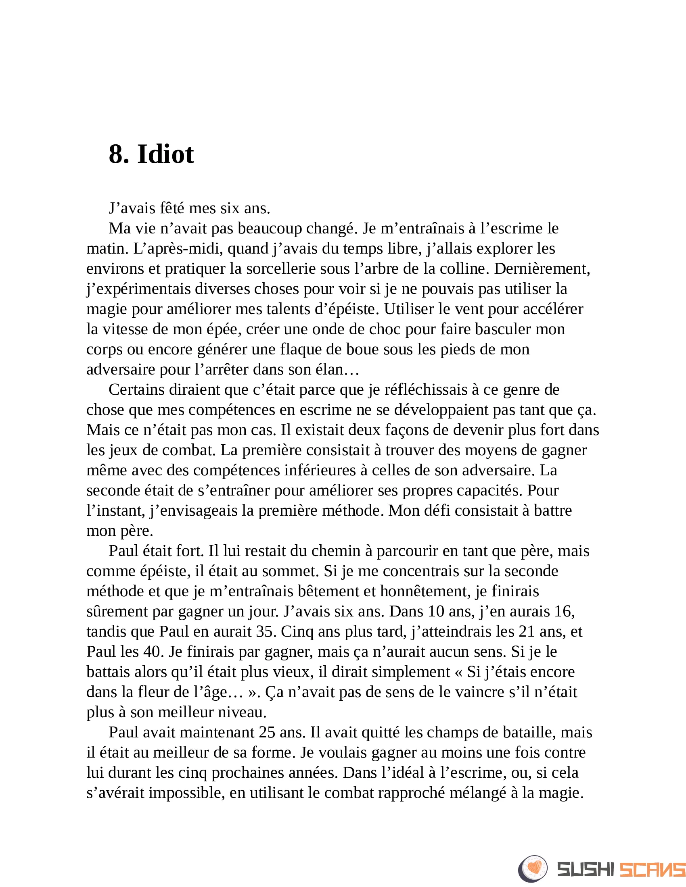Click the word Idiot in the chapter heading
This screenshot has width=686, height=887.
165,154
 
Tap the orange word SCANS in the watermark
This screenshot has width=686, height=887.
652,870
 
